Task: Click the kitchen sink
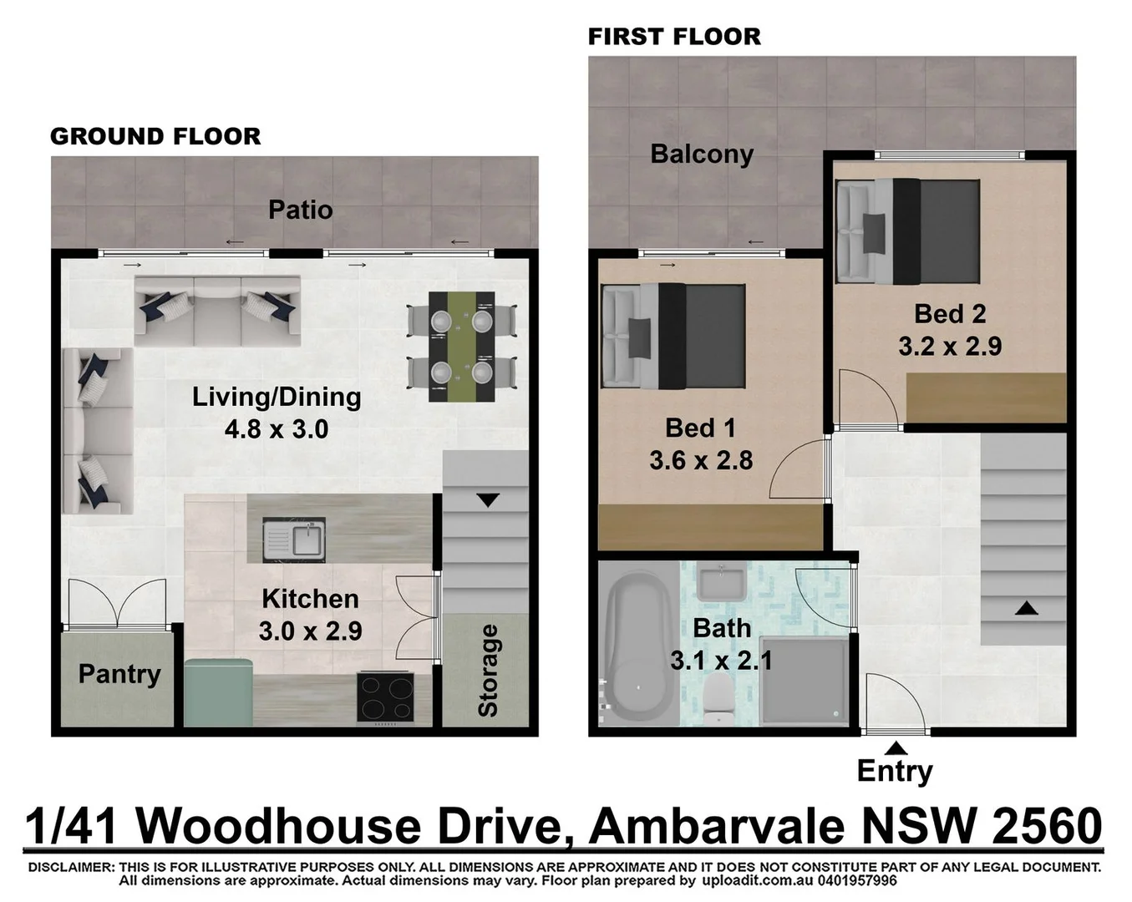coord(293,540)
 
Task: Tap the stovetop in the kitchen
coord(385,697)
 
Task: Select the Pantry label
coord(119,674)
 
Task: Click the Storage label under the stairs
coord(488,671)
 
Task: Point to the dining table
coord(461,347)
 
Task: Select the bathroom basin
coord(721,582)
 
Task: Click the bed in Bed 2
coord(908,231)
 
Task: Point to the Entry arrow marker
coord(896,747)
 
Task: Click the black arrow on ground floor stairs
coord(488,500)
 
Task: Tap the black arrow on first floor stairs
coord(1026,608)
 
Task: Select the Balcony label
coord(702,155)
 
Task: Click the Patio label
coord(300,210)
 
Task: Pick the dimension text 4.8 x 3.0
coord(277,429)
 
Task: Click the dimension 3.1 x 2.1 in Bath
coord(721,661)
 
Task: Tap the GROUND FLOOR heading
coord(155,136)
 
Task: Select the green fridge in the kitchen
coord(218,692)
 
